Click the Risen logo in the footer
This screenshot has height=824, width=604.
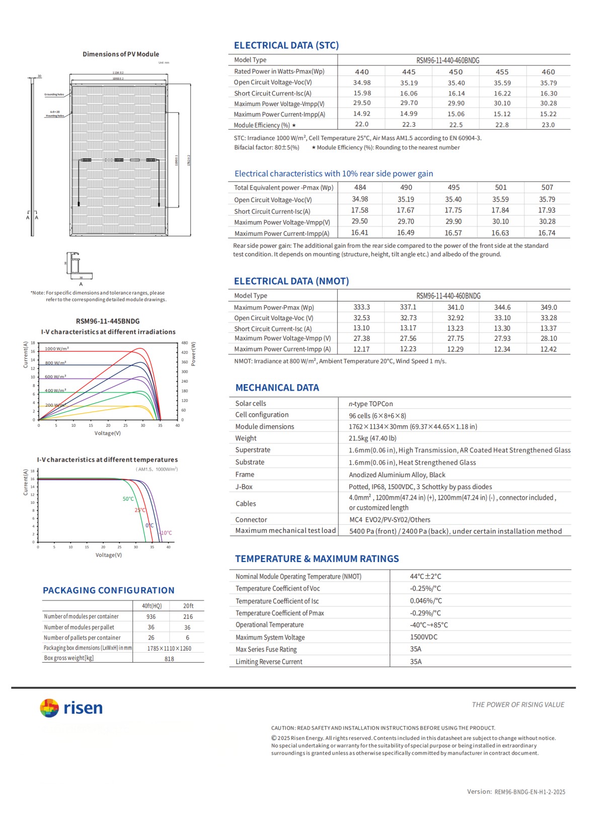pos(71,708)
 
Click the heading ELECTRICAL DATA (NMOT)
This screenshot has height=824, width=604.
pos(291,281)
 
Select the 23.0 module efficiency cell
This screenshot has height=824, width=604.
pos(548,125)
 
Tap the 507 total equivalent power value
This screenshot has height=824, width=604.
pos(547,187)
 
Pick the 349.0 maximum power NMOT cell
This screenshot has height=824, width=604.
pos(549,307)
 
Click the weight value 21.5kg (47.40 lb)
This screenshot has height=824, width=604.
pos(372,438)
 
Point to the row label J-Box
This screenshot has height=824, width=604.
pos(244,487)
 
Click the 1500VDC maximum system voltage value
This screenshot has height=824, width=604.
pos(424,637)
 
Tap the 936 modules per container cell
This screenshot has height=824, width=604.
pos(151,616)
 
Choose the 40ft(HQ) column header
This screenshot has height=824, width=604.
pos(152,606)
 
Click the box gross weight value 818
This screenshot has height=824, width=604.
pos(169,659)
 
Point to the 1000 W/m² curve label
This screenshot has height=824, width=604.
pos(57,348)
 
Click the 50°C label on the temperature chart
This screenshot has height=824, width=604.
pos(128,499)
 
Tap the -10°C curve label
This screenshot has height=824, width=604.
pos(166,533)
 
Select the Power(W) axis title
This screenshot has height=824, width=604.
pos(193,354)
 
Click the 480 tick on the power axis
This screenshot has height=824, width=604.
pos(184,343)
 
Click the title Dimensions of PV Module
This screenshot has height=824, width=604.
pos(121,54)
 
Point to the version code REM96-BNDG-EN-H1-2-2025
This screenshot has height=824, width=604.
pos(530,792)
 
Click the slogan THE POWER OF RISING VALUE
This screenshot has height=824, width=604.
pos(518,705)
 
